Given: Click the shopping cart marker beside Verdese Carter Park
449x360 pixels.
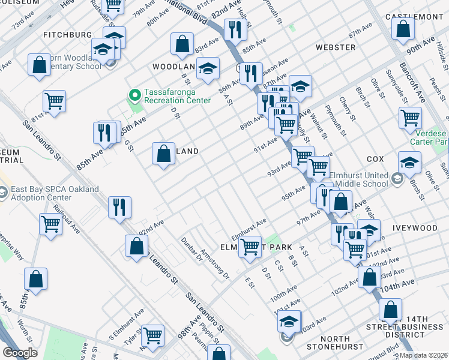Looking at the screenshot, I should [411, 117].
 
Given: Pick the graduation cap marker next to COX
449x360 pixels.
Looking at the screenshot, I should [409, 163].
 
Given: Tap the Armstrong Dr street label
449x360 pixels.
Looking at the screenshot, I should [214, 265].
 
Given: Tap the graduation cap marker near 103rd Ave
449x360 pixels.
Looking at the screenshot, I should [289, 322].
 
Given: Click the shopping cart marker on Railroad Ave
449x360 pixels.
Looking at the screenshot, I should [50, 224].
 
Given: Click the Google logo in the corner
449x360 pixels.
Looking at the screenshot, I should [20, 353].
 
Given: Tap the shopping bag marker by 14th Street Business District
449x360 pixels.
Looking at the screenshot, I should [390, 309].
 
